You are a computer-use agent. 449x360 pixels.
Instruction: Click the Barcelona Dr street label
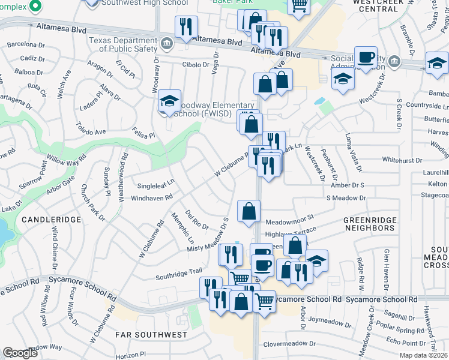26,44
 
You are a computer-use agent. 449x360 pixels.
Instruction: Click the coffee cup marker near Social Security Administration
366,58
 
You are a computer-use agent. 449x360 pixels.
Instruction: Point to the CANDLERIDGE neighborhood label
51,220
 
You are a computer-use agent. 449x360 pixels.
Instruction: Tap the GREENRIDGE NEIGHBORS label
369,224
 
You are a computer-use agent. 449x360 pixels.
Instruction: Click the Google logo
20,353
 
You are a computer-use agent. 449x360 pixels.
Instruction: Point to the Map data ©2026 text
424,355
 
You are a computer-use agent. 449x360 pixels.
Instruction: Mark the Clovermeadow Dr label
289,344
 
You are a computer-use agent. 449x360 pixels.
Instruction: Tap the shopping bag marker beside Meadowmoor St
249,211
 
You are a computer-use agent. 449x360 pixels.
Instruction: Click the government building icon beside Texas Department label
167,43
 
